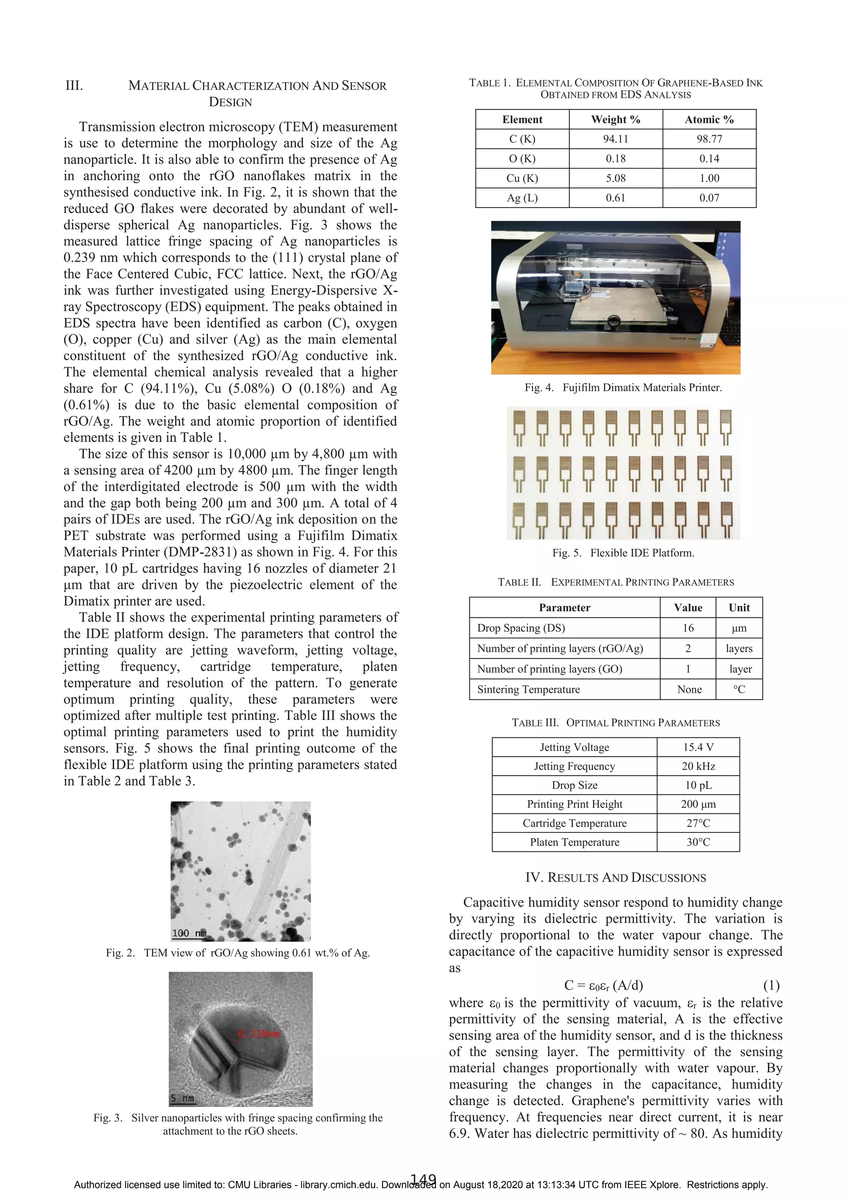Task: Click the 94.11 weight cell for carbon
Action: (615, 139)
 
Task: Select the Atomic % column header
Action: (709, 120)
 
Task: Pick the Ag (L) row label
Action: (522, 198)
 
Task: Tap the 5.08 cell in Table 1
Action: (615, 178)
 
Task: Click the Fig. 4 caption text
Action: (623, 387)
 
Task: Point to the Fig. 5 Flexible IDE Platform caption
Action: (623, 552)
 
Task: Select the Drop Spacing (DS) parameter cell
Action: (521, 628)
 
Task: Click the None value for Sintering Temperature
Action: (689, 689)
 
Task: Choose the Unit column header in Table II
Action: (739, 607)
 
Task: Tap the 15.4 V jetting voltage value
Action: (698, 747)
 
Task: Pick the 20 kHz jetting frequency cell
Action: (698, 766)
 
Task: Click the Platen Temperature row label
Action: (574, 842)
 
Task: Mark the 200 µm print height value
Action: (698, 804)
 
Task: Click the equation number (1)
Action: (771, 985)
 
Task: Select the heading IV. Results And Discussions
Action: (615, 878)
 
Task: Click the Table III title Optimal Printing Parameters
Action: (615, 723)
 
